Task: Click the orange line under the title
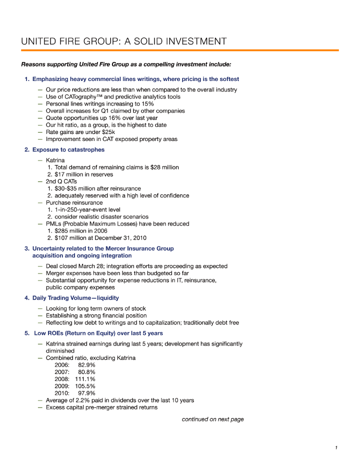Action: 180,50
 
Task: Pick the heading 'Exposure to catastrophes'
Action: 68,149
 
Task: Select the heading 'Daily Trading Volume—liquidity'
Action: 75,298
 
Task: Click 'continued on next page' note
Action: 212,419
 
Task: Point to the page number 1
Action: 336,448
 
